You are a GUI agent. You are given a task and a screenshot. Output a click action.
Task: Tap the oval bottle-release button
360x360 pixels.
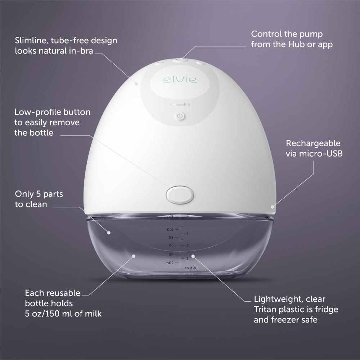pos(180,194)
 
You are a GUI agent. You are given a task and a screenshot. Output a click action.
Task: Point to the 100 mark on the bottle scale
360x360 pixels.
pos(170,229)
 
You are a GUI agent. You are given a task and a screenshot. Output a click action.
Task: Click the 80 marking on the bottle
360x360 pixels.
pos(171,238)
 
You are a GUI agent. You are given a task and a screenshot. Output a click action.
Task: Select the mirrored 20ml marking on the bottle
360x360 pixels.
pos(168,263)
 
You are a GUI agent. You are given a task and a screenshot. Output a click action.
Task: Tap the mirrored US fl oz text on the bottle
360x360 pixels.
pos(191,268)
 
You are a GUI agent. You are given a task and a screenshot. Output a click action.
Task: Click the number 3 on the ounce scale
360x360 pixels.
pos(187,234)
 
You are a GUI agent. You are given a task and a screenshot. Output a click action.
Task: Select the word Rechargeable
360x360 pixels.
pos(313,143)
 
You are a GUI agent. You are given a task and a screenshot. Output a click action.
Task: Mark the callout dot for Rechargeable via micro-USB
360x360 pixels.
pos(273,207)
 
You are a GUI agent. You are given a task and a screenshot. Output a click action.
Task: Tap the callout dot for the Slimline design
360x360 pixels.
pos(137,83)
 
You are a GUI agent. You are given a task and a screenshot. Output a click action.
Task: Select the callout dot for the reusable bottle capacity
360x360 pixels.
pos(134,256)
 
